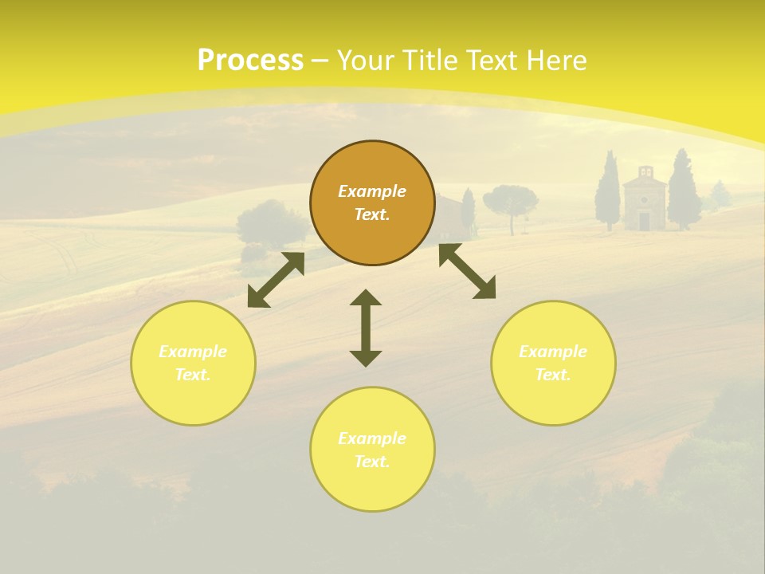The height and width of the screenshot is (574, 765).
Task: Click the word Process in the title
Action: point(250,61)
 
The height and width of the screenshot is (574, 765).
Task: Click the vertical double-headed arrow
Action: point(366,328)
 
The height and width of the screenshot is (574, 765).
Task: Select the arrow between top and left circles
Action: point(276,280)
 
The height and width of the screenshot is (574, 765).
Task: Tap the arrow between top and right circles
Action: point(467,271)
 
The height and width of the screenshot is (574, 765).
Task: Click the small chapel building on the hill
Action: point(644,201)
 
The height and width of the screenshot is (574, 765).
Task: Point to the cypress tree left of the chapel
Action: point(608,191)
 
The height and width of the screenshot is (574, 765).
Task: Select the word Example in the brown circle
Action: point(372,191)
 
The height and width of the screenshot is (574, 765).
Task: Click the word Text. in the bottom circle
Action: point(372,462)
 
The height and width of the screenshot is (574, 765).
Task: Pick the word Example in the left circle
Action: point(193,352)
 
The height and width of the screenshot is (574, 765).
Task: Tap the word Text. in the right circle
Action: point(553,375)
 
